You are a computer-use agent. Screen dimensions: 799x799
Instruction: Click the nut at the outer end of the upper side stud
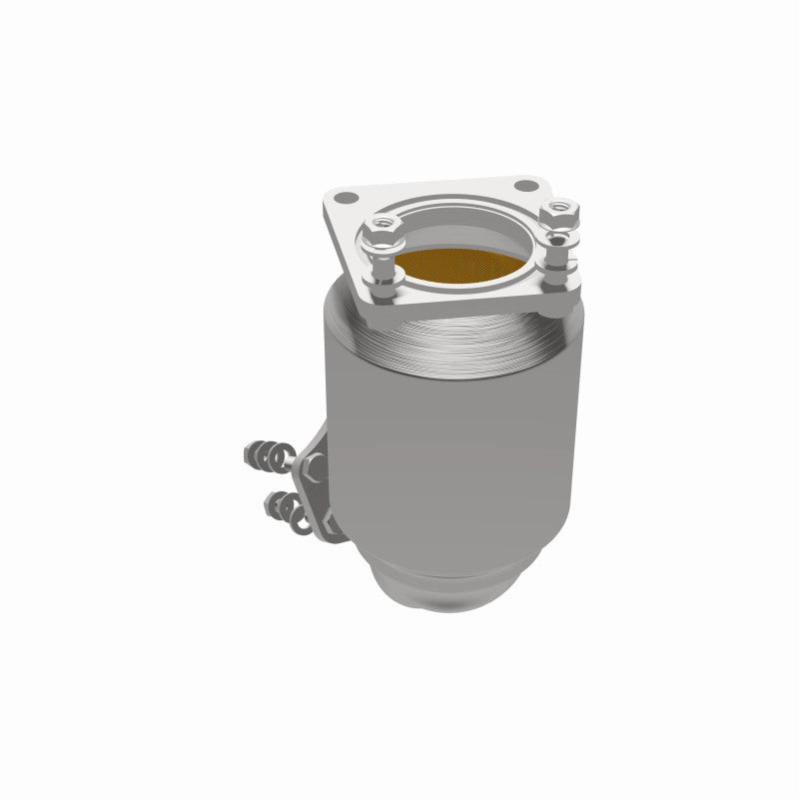[251, 454]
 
